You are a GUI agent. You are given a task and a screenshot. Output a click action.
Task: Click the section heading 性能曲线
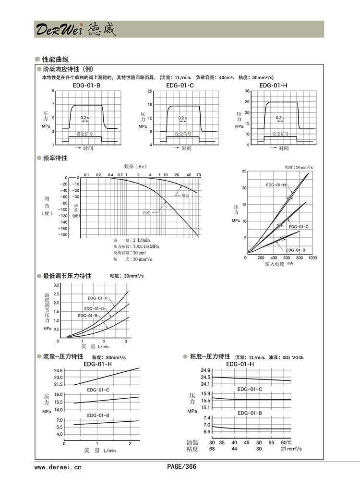coord(55,60)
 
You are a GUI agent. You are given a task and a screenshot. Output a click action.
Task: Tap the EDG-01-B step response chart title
coord(86,86)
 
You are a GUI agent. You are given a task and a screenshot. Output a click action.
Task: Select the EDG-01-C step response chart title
coord(180,86)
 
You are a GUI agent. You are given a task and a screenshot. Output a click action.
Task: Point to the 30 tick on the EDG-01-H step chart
coord(247,91)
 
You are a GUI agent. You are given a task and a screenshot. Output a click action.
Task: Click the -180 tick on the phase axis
coord(63,235)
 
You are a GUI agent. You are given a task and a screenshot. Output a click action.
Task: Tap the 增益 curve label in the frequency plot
coord(185,196)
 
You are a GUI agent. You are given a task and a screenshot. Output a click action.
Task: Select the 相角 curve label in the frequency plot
coord(147,212)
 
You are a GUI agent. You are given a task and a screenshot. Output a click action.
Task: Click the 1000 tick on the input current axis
coord(312,258)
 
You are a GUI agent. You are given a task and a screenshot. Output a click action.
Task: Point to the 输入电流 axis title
coord(275,264)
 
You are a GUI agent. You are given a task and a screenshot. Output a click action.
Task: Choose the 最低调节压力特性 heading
coord(67,276)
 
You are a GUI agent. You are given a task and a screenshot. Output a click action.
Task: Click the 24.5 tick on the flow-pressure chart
coord(59,371)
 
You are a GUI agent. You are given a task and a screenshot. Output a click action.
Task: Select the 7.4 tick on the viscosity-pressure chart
coord(207,418)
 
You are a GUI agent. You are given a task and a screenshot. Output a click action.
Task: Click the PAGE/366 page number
coord(181,466)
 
